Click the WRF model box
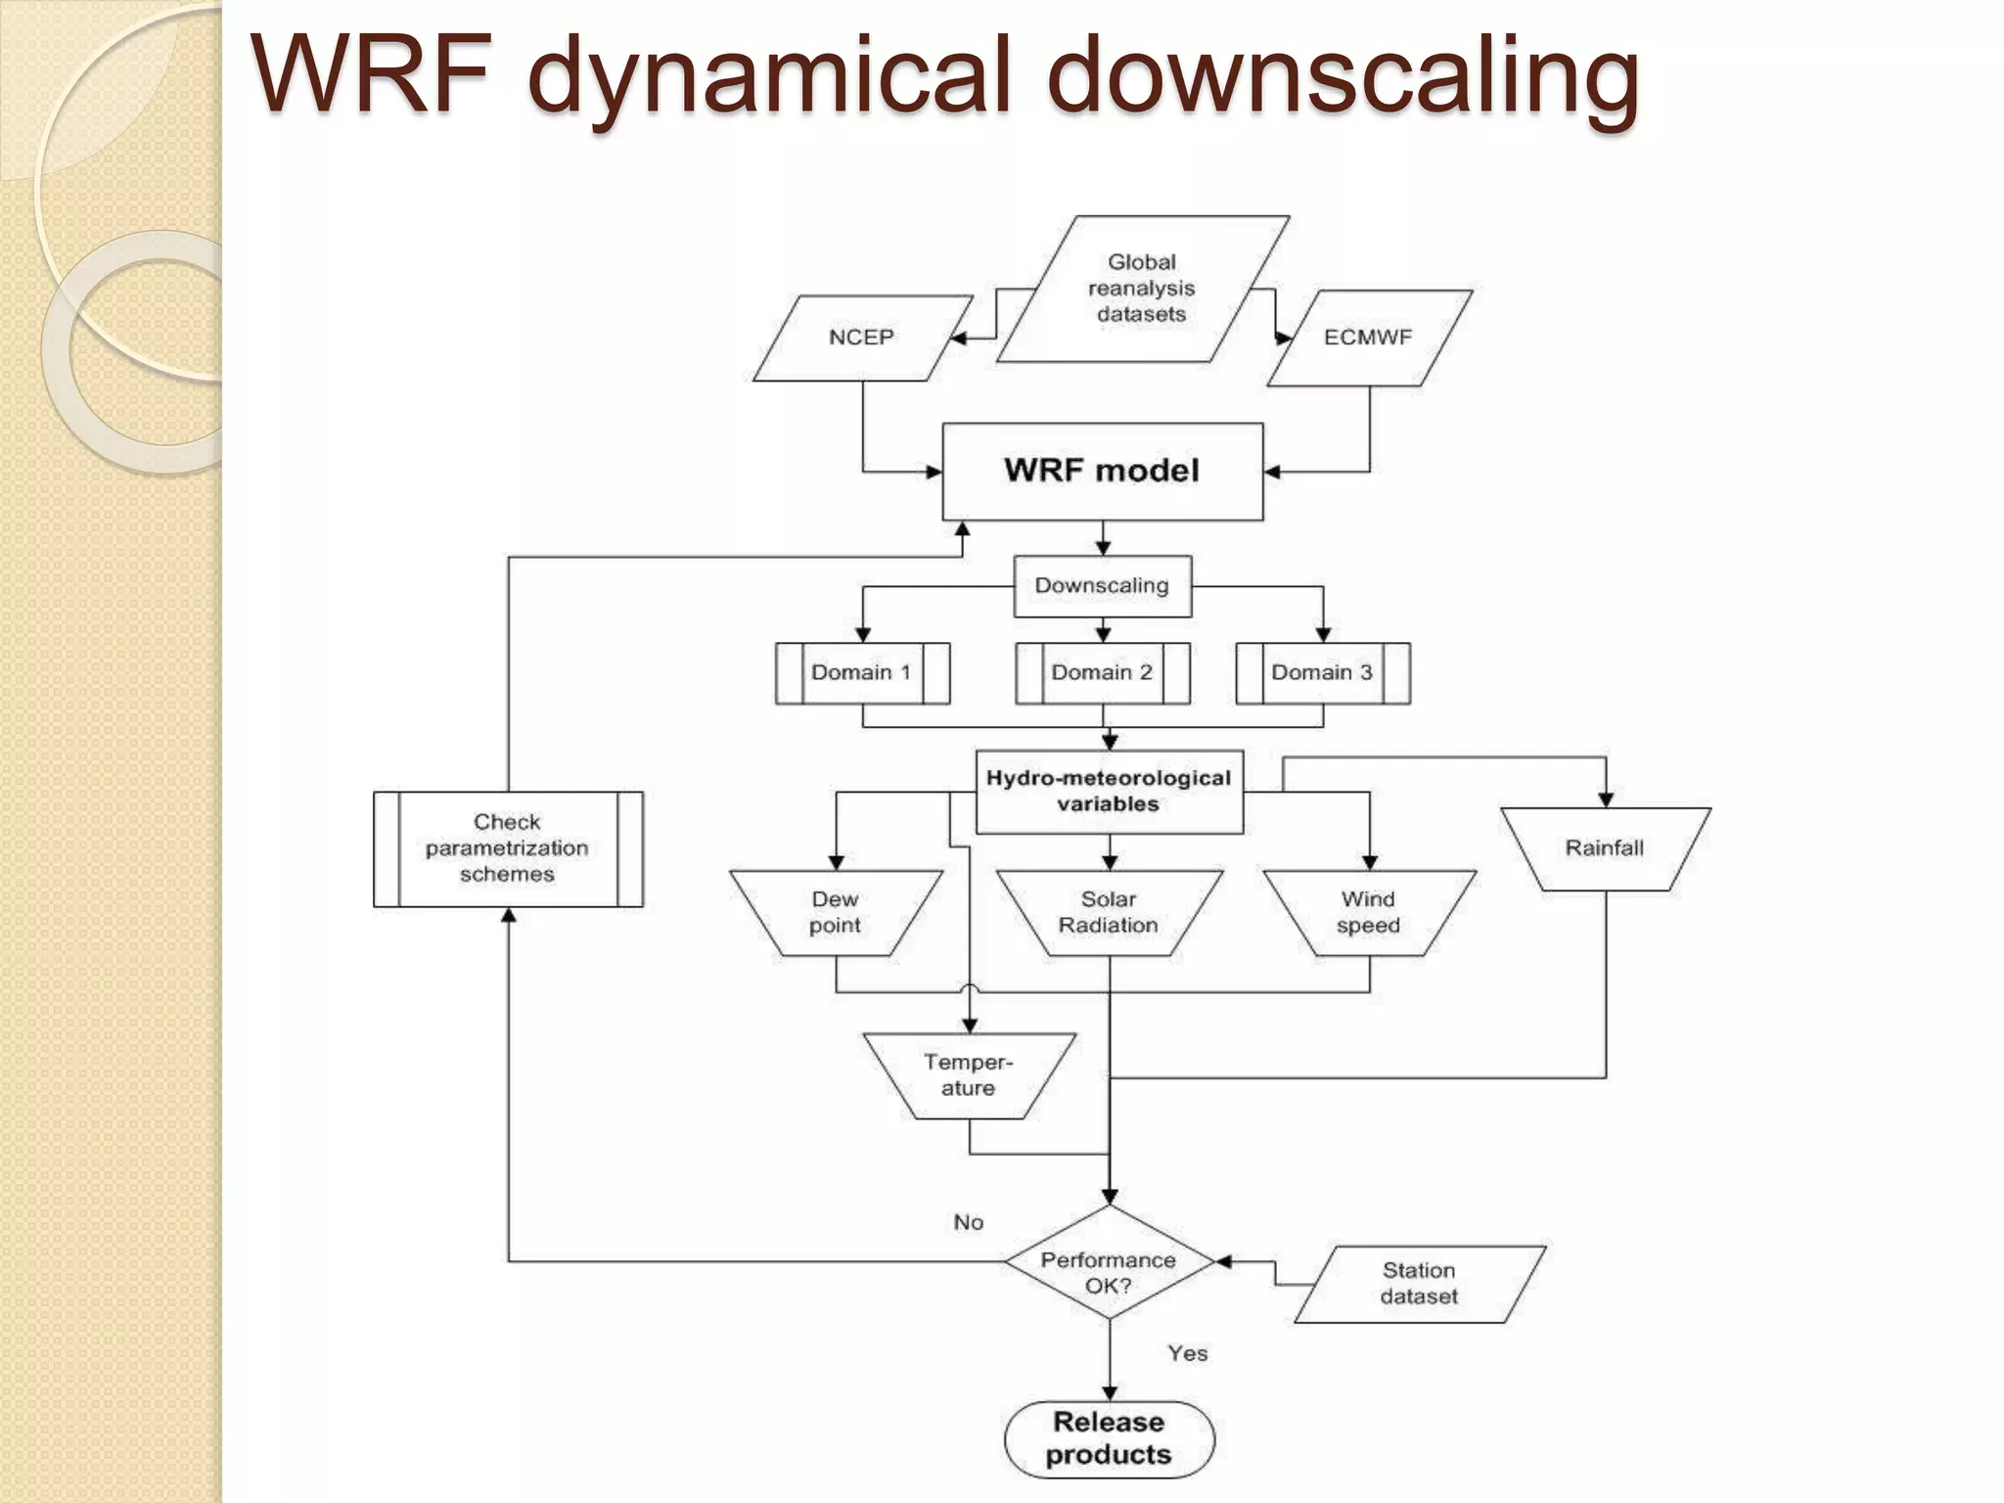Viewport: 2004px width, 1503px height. [x=1102, y=471]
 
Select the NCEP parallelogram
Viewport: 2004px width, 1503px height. [x=861, y=338]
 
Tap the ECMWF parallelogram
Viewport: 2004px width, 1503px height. [x=1368, y=338]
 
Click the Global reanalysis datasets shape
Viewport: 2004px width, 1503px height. [x=1141, y=289]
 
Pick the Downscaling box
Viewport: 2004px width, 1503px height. [x=1102, y=586]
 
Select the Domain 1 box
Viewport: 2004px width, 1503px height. [x=861, y=673]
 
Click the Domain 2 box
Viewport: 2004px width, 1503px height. [x=1102, y=673]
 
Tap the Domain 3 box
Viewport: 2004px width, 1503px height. [x=1322, y=673]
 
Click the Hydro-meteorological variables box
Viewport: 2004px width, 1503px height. [x=1109, y=792]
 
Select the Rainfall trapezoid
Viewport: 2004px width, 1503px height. [x=1605, y=848]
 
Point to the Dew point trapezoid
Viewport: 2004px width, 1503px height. [x=835, y=912]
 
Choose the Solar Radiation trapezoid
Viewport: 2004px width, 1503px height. [x=1109, y=912]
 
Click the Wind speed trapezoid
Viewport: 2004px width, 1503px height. [x=1368, y=912]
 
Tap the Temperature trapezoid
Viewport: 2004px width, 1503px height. [x=969, y=1075]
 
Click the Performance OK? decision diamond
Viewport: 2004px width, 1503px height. [x=1109, y=1262]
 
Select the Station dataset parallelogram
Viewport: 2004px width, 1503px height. [x=1419, y=1284]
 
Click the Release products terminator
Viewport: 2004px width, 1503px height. [x=1109, y=1438]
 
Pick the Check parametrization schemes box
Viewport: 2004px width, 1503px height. [x=507, y=848]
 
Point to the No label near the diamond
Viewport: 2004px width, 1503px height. [x=969, y=1222]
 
